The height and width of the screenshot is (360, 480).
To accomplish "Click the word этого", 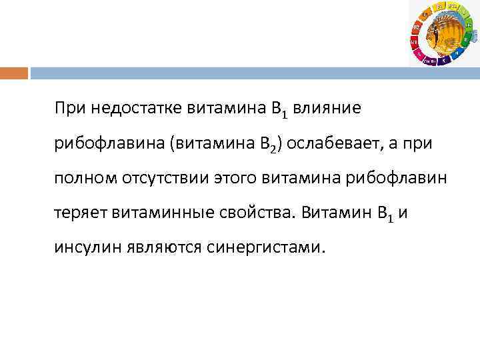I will click(x=237, y=178).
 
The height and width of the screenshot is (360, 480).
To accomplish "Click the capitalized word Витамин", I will click(x=333, y=213).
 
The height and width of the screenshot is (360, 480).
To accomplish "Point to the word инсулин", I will click(x=85, y=249).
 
